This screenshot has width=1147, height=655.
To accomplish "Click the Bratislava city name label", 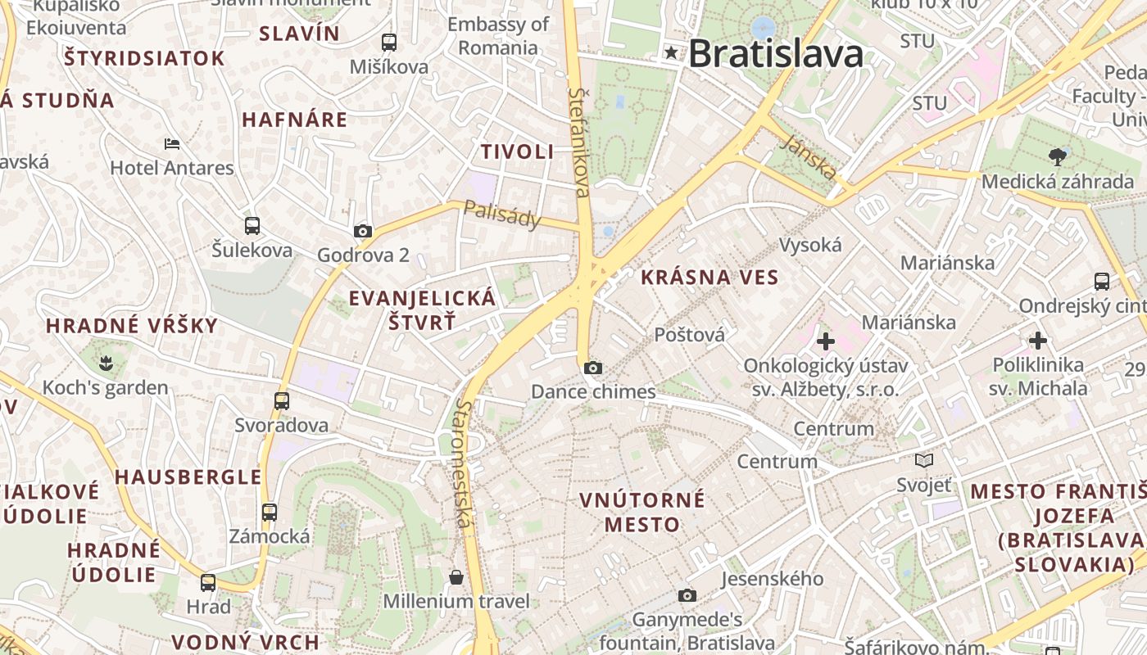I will coord(775,54).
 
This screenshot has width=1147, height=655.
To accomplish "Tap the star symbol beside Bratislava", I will coord(672,53).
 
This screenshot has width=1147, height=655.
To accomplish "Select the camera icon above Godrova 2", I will coord(363,232).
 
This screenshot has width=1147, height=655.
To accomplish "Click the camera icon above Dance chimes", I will coord(593,368).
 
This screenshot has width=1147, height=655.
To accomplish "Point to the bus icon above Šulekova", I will coord(252,226).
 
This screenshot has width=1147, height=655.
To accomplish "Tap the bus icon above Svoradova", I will coord(282,401).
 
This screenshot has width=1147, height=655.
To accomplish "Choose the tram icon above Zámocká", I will coord(270,513).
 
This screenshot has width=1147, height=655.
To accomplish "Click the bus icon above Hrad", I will coord(208,583).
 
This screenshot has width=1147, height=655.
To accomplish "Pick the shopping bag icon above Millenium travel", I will coord(456,578).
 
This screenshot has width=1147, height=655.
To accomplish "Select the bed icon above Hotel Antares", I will coord(172,144).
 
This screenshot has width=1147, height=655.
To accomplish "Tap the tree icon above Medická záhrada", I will coord(1058,156).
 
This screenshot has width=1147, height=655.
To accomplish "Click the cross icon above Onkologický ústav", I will coord(826,341).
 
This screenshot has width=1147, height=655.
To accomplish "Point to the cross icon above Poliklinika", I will coord(1038,340).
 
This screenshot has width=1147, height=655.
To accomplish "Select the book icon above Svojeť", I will coord(924,461).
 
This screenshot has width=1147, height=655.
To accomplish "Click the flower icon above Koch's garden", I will coord(105,362).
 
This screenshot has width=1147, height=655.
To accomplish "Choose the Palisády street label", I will coord(501,214).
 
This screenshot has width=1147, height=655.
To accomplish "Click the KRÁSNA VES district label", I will coord(710,278).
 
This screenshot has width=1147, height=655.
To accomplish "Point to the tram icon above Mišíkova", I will coord(389,43).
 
